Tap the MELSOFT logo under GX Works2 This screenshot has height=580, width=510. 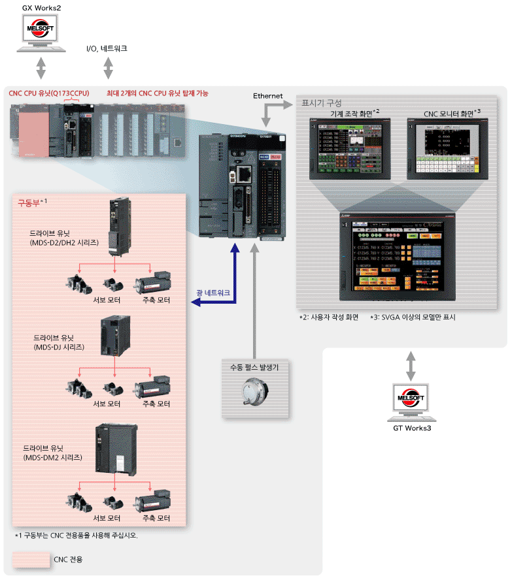[41, 30]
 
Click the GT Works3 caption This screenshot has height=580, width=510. [411, 428]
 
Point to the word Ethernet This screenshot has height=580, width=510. [267, 96]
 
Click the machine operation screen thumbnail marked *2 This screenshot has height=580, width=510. [350, 150]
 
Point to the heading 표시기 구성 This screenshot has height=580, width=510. [321, 103]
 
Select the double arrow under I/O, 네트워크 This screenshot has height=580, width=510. [109, 67]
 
